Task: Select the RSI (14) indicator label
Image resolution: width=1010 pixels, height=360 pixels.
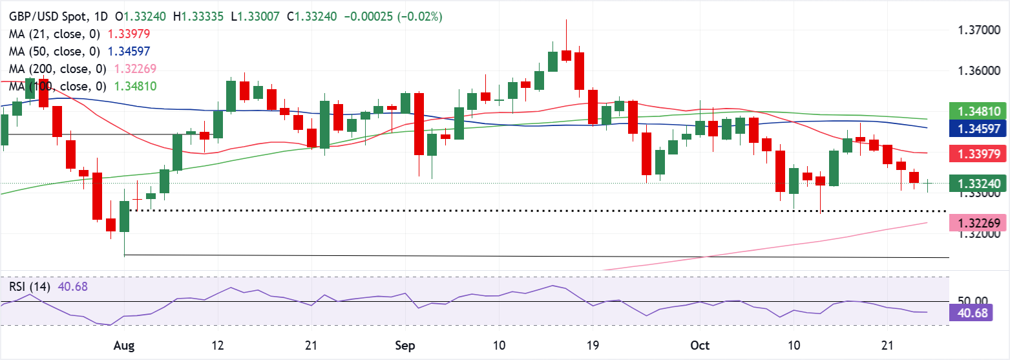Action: click(31, 286)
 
